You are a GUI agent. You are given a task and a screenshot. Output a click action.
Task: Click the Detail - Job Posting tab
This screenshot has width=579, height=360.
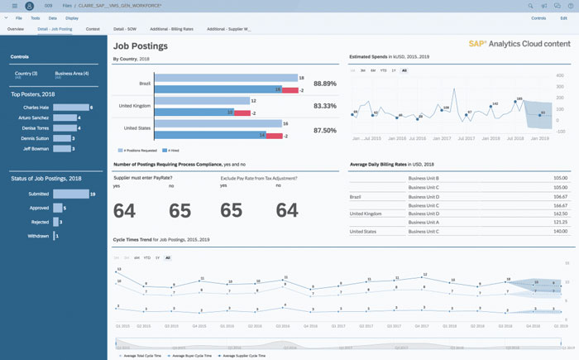pos(55,28)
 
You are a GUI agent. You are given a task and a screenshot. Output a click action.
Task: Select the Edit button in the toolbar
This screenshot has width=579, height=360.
pos(563,17)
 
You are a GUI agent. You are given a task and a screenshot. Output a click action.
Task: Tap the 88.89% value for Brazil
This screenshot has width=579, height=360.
pos(325,84)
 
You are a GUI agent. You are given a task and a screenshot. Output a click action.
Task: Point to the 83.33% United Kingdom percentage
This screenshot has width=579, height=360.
pos(325,106)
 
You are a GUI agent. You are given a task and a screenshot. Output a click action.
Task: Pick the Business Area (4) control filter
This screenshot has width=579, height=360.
pos(72,74)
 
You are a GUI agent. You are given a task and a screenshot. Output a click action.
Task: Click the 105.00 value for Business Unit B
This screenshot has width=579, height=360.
pos(561,177)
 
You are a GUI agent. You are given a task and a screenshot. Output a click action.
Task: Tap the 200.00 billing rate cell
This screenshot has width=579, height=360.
pos(561,232)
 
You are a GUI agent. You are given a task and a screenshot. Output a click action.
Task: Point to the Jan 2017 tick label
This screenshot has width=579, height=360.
pos(442,138)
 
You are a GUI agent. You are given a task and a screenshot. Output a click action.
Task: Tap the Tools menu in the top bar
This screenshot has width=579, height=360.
pos(35,17)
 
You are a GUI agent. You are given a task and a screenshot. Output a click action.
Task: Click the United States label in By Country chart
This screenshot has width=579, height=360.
pos(137,128)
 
